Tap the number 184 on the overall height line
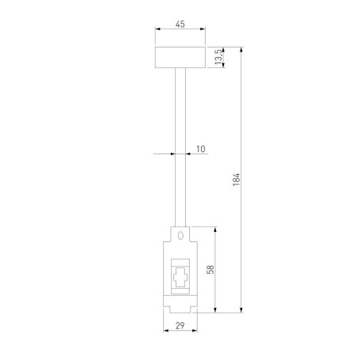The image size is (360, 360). [x=236, y=180]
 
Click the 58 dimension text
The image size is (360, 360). [x=210, y=270]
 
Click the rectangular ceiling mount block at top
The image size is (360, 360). [x=180, y=58]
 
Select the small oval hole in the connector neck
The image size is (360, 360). [x=180, y=235]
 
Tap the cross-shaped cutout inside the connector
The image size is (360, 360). [x=180, y=279]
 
